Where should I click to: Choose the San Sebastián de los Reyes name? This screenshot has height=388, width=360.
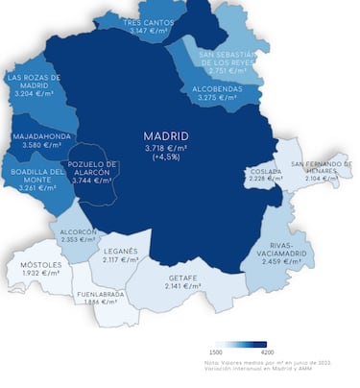pyautogui.click(x=227, y=59)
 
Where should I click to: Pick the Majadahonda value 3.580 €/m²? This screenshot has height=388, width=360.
pyautogui.click(x=40, y=146)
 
